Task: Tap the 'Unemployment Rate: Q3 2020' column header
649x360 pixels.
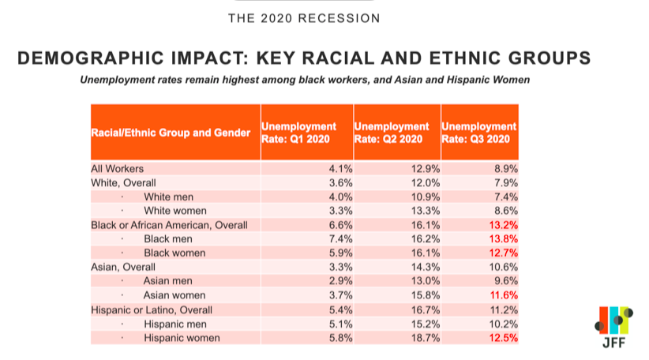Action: coord(479,133)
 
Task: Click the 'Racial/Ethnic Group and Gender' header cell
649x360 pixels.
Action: coord(174,133)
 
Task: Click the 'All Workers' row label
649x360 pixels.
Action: coord(118,168)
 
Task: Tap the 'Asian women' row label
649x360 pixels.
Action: coord(176,295)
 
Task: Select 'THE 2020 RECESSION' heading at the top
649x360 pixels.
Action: coord(303,17)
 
